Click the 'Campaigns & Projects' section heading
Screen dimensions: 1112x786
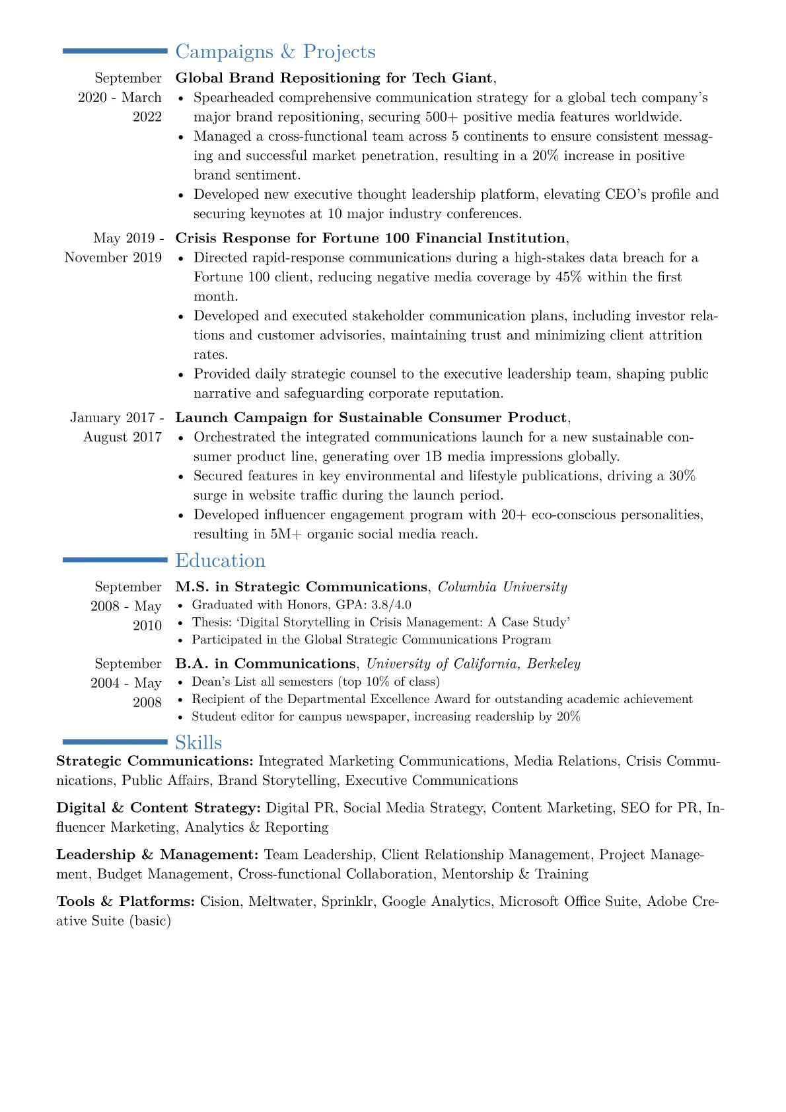pos(275,52)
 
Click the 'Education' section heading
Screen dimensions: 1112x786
pos(220,560)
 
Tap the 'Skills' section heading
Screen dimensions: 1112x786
pos(198,742)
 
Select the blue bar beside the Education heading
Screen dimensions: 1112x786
pos(115,560)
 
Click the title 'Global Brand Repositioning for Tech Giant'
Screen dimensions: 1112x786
pos(334,78)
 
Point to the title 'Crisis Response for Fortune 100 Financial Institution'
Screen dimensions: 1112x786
pos(370,238)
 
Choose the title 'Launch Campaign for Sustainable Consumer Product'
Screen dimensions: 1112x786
pos(371,418)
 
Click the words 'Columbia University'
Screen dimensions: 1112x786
pos(502,587)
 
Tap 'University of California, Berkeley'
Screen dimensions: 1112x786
pos(473,663)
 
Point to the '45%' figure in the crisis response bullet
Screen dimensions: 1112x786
pos(569,277)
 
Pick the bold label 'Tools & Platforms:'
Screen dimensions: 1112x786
pos(125,901)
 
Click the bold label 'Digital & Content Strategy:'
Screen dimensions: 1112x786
pos(159,807)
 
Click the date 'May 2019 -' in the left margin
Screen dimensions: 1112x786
pos(129,238)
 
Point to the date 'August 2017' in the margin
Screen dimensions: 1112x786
pos(122,437)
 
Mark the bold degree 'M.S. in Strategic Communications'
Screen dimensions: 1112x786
pos(301,587)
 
